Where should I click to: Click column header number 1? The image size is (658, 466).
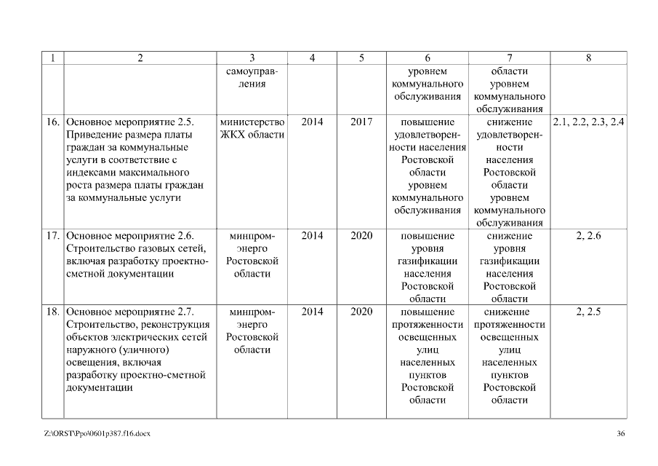[53, 58]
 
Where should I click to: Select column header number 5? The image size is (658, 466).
[361, 58]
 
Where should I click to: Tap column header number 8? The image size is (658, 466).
[588, 58]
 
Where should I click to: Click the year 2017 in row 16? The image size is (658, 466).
[361, 122]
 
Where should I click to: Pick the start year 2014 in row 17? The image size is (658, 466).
[312, 236]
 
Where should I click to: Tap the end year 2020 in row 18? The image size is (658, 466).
[361, 312]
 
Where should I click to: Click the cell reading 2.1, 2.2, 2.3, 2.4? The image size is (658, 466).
[588, 122]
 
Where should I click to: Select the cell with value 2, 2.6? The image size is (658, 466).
[588, 236]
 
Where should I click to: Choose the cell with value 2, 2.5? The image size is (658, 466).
[588, 312]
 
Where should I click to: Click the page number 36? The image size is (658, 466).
[620, 434]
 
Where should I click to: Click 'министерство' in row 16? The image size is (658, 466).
[252, 122]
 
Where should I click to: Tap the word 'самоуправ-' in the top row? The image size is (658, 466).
[252, 71]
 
